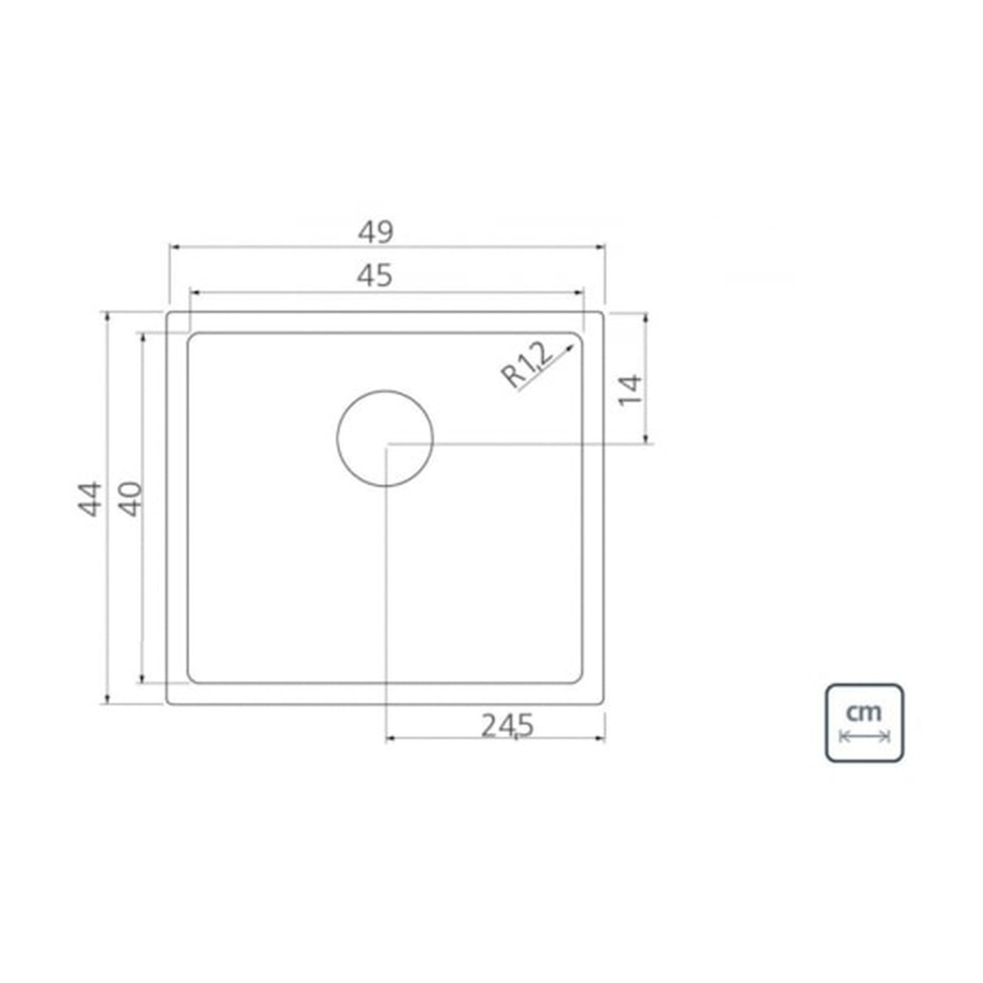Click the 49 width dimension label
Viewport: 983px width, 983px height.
click(x=375, y=232)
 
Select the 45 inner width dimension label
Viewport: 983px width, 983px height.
click(x=375, y=276)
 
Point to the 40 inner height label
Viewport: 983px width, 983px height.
click(x=132, y=498)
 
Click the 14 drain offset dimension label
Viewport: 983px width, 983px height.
click(x=629, y=390)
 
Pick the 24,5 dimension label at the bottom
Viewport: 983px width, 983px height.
click(x=506, y=726)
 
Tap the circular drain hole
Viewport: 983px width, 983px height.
click(x=385, y=438)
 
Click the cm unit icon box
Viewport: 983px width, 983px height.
click(x=865, y=723)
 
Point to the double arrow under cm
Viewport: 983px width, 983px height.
click(x=865, y=736)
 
